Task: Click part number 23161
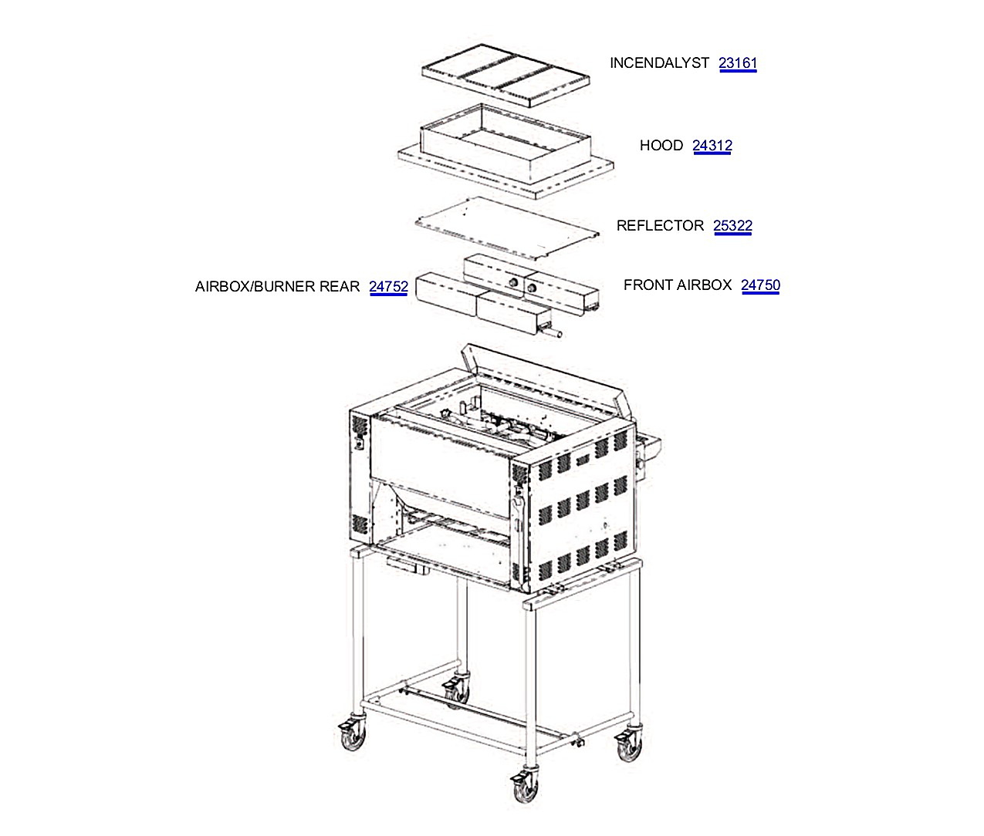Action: (737, 62)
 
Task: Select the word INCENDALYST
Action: (659, 62)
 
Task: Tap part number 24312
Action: (712, 145)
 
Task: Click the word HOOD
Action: (661, 145)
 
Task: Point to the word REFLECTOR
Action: (660, 225)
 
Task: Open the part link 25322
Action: (732, 225)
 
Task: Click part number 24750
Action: (760, 285)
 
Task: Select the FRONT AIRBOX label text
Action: (678, 285)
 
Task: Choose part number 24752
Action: (388, 286)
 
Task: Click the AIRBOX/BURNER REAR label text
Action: (277, 286)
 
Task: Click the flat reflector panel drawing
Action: (507, 228)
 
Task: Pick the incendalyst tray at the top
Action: (506, 76)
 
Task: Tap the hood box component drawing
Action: (506, 151)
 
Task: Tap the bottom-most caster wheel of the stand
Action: (526, 788)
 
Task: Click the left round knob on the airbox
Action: (514, 283)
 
